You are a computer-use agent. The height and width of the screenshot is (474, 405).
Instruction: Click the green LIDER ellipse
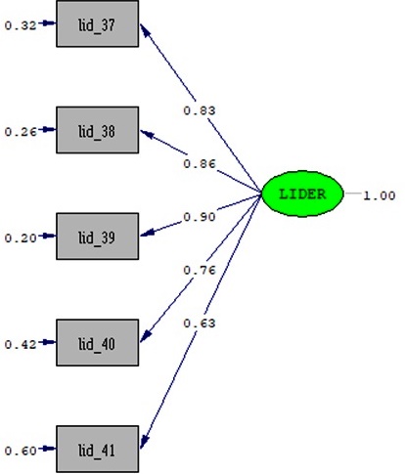(302, 194)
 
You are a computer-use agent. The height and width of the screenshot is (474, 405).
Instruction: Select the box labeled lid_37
(98, 23)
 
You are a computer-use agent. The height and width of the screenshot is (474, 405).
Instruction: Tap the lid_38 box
(98, 130)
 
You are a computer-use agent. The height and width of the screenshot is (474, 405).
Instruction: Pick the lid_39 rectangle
(98, 237)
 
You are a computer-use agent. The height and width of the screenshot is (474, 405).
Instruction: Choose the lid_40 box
(98, 342)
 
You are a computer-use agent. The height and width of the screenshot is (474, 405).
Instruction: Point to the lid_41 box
(98, 449)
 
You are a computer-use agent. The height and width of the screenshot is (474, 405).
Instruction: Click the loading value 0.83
(200, 110)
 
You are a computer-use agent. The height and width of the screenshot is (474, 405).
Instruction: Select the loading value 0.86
(200, 163)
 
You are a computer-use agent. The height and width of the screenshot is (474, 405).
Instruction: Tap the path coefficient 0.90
(200, 217)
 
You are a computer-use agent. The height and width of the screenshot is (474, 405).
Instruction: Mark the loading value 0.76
(200, 270)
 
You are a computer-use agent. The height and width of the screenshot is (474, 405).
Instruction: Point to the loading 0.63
(200, 323)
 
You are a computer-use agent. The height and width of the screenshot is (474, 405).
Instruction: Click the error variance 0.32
(21, 25)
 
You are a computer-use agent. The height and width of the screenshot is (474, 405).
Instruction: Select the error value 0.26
(21, 132)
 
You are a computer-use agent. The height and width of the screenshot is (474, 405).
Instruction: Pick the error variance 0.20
(21, 238)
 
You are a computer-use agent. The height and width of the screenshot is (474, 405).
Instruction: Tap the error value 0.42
(21, 344)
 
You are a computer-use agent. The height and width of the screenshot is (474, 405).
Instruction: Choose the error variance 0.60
(21, 451)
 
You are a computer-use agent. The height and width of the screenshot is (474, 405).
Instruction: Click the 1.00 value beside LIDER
(380, 195)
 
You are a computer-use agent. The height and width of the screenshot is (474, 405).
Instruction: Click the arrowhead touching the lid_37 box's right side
(145, 30)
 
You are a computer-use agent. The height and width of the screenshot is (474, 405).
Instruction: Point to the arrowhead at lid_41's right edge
(144, 442)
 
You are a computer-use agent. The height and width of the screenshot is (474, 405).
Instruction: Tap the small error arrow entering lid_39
(48, 236)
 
